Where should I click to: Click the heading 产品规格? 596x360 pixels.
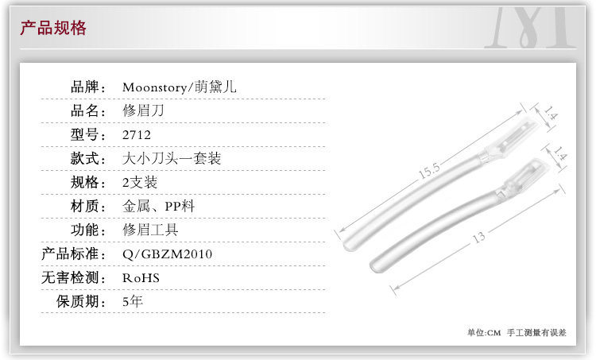click(x=52, y=29)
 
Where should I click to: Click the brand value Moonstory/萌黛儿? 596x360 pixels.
click(x=180, y=87)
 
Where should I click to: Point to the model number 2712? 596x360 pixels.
click(x=136, y=134)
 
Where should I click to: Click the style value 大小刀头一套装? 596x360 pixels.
click(x=171, y=158)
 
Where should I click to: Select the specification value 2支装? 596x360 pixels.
click(x=140, y=182)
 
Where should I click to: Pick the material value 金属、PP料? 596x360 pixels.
click(x=158, y=207)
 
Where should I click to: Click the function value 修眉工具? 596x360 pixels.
click(x=150, y=230)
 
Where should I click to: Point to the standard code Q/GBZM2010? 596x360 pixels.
click(x=167, y=254)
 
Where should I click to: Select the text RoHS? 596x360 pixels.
click(x=141, y=278)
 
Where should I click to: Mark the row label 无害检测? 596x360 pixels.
click(x=74, y=278)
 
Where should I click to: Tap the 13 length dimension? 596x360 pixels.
click(x=478, y=237)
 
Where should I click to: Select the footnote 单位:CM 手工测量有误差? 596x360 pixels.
click(x=517, y=333)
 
